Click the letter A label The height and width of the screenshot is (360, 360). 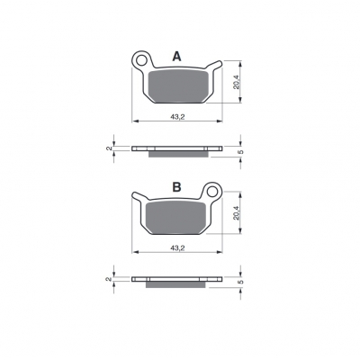pyautogui.click(x=177, y=57)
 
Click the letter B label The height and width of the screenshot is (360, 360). pyautogui.click(x=177, y=187)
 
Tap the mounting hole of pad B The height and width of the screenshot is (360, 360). pyautogui.click(x=213, y=191)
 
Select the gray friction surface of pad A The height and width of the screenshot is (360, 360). pyautogui.click(x=178, y=86)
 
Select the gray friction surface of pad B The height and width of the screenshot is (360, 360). pyautogui.click(x=175, y=217)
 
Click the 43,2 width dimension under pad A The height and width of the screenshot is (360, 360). pyautogui.click(x=177, y=117)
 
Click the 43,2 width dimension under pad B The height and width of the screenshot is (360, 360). pyautogui.click(x=177, y=247)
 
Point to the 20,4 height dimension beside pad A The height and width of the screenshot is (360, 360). pyautogui.click(x=237, y=82)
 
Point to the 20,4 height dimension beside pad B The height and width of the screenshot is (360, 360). pyautogui.click(x=237, y=212)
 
